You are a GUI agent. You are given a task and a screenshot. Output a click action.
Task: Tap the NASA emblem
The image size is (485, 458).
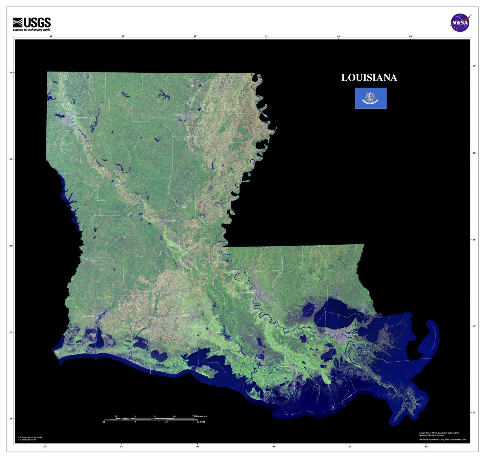460,23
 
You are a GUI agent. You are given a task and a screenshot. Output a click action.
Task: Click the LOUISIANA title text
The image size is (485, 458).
369,78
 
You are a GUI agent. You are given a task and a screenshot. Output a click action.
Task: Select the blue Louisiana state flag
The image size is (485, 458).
371,98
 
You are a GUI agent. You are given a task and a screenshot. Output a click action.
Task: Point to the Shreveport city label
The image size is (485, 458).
81,118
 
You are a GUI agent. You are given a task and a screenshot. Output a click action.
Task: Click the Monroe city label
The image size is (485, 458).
179,115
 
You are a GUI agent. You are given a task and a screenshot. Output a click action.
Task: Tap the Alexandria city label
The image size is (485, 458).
170,221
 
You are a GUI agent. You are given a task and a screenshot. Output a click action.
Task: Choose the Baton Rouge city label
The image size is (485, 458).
247,293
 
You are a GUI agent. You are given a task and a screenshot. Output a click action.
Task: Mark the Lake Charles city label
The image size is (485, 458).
88,316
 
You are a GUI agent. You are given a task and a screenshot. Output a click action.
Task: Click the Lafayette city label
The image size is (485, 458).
186,315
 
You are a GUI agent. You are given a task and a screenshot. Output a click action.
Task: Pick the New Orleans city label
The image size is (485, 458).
351,334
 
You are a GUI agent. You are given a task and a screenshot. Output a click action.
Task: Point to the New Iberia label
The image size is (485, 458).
218,332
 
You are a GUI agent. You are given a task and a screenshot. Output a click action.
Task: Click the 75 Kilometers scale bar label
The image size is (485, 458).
199,416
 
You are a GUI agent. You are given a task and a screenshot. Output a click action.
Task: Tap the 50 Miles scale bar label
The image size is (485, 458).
201,422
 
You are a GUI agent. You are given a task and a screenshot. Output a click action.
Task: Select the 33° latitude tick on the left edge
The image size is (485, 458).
11,73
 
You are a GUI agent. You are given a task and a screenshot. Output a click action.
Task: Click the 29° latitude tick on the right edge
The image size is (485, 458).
474,413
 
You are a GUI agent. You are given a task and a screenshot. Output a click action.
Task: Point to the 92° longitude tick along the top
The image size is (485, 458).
195,36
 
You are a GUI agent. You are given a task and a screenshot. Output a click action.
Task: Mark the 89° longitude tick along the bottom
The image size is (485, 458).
426,446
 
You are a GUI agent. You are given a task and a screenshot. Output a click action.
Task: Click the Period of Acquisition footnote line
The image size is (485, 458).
443,440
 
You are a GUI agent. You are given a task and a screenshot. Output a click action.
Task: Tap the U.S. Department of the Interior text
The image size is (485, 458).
30,437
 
